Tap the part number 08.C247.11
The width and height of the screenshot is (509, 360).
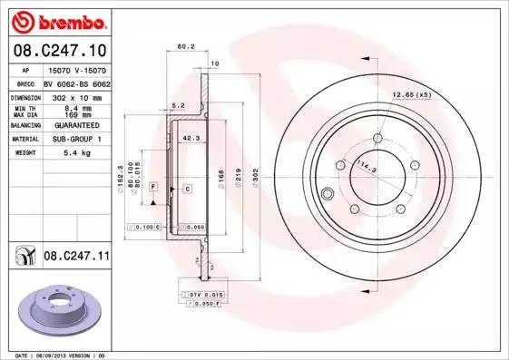pos(75,258)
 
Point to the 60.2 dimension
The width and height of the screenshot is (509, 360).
pos(186,46)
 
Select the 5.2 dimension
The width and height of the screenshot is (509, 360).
pos(178,105)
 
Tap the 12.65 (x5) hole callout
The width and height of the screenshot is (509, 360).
pos(410,93)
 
